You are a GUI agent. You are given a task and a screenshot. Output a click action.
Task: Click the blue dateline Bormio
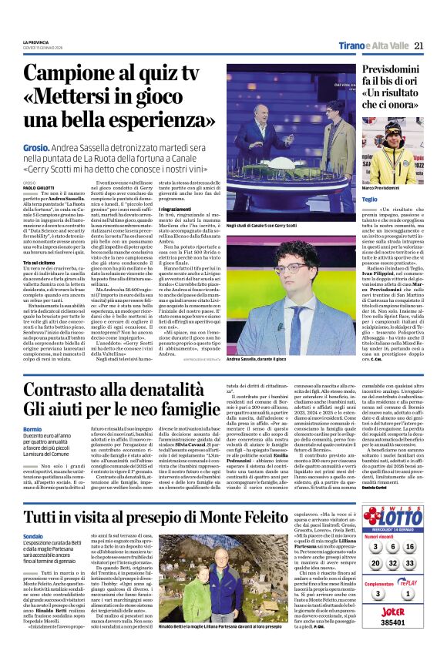[32, 428]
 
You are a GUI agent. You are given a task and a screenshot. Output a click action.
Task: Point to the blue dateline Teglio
[370, 200]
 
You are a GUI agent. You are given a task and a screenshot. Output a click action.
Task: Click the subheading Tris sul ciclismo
[39, 262]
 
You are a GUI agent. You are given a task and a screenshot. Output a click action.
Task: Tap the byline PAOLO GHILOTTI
[40, 186]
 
